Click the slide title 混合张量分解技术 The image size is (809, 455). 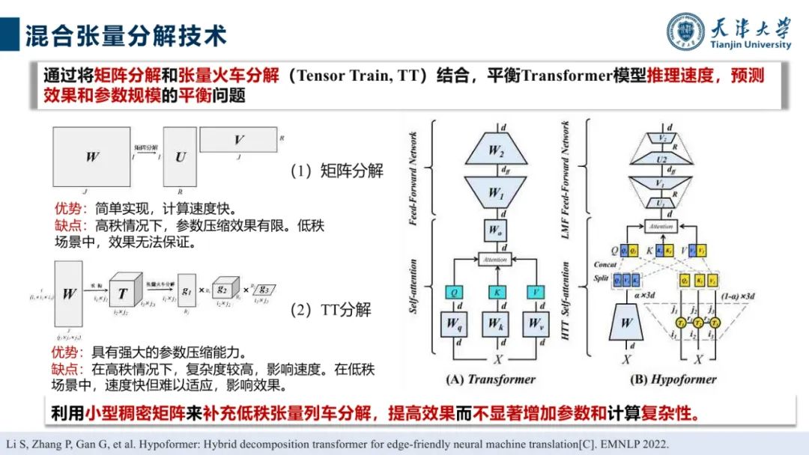point(126,34)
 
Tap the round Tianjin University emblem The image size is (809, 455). point(685,32)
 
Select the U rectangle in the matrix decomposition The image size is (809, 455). point(181,158)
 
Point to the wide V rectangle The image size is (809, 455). point(239,141)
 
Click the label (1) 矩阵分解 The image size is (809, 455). point(336,171)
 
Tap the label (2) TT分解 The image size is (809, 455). point(330,310)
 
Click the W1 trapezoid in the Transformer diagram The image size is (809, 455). point(496,193)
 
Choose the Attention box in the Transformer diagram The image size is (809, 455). point(495,260)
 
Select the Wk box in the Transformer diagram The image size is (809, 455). point(495,323)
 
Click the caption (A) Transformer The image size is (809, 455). point(491,379)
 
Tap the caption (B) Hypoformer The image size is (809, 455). point(673,379)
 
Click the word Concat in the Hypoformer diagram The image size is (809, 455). point(605,264)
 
